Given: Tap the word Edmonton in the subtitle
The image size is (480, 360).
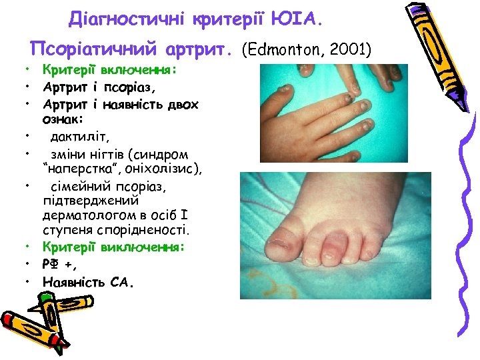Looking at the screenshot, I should coord(286,49).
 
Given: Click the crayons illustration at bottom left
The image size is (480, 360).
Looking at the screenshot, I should coord(47,317).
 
